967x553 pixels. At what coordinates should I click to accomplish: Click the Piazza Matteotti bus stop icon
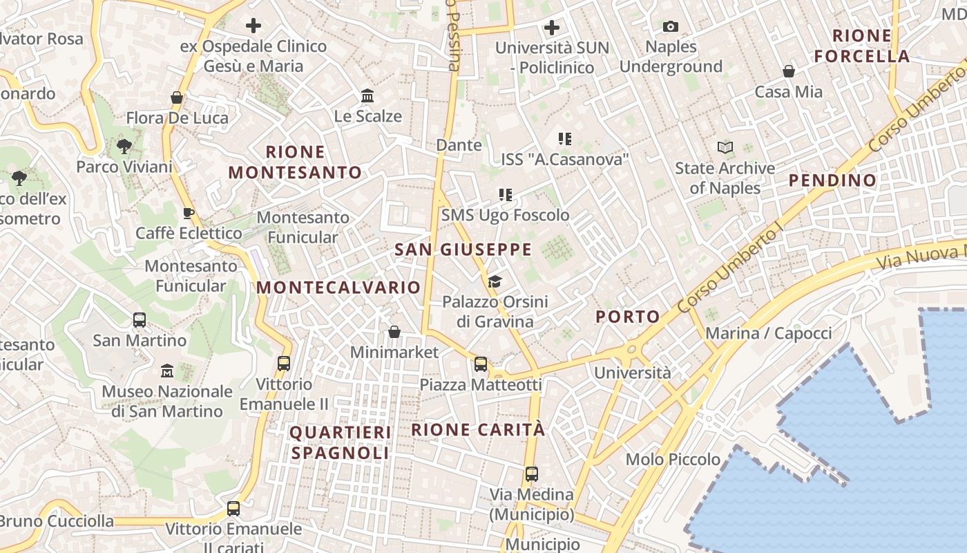pyautogui.click(x=481, y=364)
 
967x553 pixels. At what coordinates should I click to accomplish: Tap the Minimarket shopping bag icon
pyautogui.click(x=394, y=332)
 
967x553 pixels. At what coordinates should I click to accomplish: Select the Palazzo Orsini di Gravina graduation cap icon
pyautogui.click(x=495, y=281)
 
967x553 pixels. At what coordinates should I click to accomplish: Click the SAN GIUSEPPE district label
pyautogui.click(x=463, y=250)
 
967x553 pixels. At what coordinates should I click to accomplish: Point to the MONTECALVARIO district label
pyautogui.click(x=338, y=288)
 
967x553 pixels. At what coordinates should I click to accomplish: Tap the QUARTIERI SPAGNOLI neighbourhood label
pyautogui.click(x=340, y=442)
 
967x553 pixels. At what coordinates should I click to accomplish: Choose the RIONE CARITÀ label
pyautogui.click(x=478, y=429)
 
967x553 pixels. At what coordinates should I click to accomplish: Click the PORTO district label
pyautogui.click(x=628, y=317)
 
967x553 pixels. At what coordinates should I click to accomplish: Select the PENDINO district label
pyautogui.click(x=832, y=180)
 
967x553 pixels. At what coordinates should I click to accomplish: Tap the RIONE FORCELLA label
pyautogui.click(x=862, y=46)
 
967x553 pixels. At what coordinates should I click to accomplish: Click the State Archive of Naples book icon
pyautogui.click(x=725, y=147)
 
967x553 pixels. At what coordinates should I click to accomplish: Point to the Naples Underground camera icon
pyautogui.click(x=670, y=27)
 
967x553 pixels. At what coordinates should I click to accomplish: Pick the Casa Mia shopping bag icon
pyautogui.click(x=788, y=71)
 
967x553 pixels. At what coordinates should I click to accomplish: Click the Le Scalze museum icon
pyautogui.click(x=367, y=95)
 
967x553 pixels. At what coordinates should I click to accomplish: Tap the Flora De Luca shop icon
pyautogui.click(x=177, y=97)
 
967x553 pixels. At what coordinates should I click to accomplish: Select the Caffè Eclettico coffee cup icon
pyautogui.click(x=188, y=213)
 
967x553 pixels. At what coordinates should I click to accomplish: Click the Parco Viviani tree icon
pyautogui.click(x=124, y=146)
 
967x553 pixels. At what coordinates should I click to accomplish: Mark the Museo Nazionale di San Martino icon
pyautogui.click(x=166, y=371)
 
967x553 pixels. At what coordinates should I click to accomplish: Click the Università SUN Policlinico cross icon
pyautogui.click(x=552, y=28)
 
